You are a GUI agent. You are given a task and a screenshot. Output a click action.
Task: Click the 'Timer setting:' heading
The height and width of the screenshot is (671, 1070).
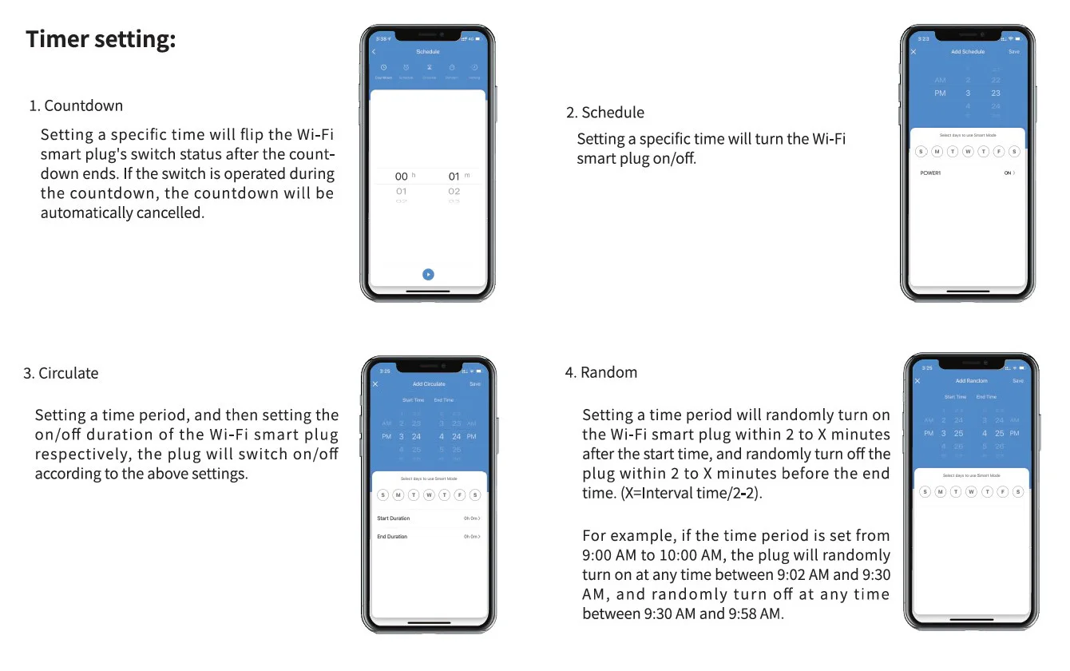click(101, 39)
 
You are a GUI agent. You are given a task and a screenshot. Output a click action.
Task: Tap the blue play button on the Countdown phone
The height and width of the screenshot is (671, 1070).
click(428, 274)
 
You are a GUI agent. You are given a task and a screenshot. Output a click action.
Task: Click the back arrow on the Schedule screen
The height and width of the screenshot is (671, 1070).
click(374, 52)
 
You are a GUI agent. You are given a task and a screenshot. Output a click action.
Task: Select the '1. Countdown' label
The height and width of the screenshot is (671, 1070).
click(76, 105)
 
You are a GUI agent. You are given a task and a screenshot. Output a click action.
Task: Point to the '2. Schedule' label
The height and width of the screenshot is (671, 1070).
click(604, 113)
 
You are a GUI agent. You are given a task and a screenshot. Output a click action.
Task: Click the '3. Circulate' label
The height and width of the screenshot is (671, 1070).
click(61, 373)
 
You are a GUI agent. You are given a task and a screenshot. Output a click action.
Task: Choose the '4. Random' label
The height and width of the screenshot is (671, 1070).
click(600, 372)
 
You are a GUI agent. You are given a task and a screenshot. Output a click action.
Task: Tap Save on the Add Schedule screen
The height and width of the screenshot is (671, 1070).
click(1013, 52)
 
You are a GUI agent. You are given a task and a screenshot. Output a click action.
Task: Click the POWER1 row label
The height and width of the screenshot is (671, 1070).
click(930, 173)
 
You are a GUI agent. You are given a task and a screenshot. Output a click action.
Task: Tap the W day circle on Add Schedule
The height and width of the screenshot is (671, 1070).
click(968, 152)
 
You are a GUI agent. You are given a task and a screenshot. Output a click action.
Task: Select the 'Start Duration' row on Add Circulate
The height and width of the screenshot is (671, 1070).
click(394, 518)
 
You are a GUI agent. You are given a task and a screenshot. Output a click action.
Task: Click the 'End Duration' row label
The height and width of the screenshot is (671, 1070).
click(392, 537)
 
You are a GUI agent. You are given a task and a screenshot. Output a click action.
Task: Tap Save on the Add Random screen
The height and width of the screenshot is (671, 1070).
click(1018, 381)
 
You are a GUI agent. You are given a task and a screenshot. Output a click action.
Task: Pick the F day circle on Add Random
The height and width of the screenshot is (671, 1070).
click(1003, 491)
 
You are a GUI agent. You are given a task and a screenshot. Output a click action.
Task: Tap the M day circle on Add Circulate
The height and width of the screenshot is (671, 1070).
click(398, 495)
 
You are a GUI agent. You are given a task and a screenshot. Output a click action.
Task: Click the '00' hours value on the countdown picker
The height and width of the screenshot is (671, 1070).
click(401, 177)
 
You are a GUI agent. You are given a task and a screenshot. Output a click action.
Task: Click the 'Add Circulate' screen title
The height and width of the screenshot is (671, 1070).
click(429, 384)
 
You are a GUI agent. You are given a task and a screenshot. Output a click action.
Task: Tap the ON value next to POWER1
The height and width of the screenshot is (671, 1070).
click(1009, 173)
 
